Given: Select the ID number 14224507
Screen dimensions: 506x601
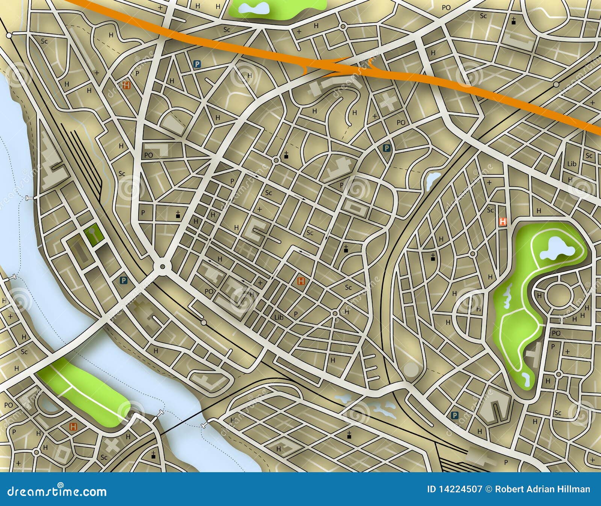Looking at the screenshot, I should (455, 489).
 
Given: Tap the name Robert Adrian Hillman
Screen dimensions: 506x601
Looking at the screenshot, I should (543, 489).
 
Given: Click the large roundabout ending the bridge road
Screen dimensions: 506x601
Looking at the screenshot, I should (162, 266).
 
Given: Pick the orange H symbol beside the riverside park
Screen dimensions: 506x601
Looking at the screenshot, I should (73, 426).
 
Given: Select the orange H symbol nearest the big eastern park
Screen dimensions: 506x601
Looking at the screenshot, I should (503, 222).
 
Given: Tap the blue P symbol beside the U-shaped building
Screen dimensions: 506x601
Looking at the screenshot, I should (454, 415).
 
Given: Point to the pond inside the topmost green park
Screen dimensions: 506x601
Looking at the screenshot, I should (255, 7).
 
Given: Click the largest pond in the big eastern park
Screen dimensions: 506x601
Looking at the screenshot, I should (556, 248).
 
